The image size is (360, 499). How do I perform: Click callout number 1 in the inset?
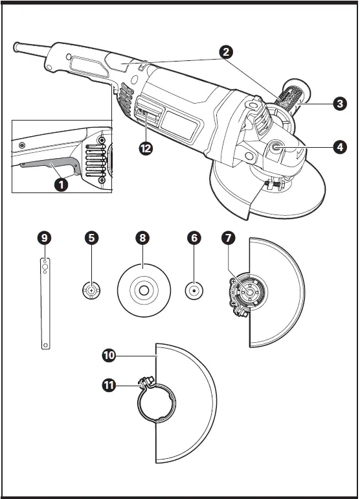pyautogui.click(x=61, y=184)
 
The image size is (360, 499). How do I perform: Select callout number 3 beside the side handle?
pyautogui.click(x=339, y=103)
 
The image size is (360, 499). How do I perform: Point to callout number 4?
pyautogui.click(x=339, y=146)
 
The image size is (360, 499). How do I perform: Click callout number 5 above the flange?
pyautogui.click(x=93, y=238)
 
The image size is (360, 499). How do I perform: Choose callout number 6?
pyautogui.click(x=193, y=238)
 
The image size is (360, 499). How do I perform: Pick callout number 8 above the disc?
pyautogui.click(x=142, y=238)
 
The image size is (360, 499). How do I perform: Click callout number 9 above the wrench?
pyautogui.click(x=44, y=238)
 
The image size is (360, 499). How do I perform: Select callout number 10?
pyautogui.click(x=109, y=355)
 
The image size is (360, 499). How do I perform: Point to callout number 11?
pyautogui.click(x=109, y=386)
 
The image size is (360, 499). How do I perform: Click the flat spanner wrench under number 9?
pyautogui.click(x=44, y=305)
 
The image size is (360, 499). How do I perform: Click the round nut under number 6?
pyautogui.click(x=193, y=291)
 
